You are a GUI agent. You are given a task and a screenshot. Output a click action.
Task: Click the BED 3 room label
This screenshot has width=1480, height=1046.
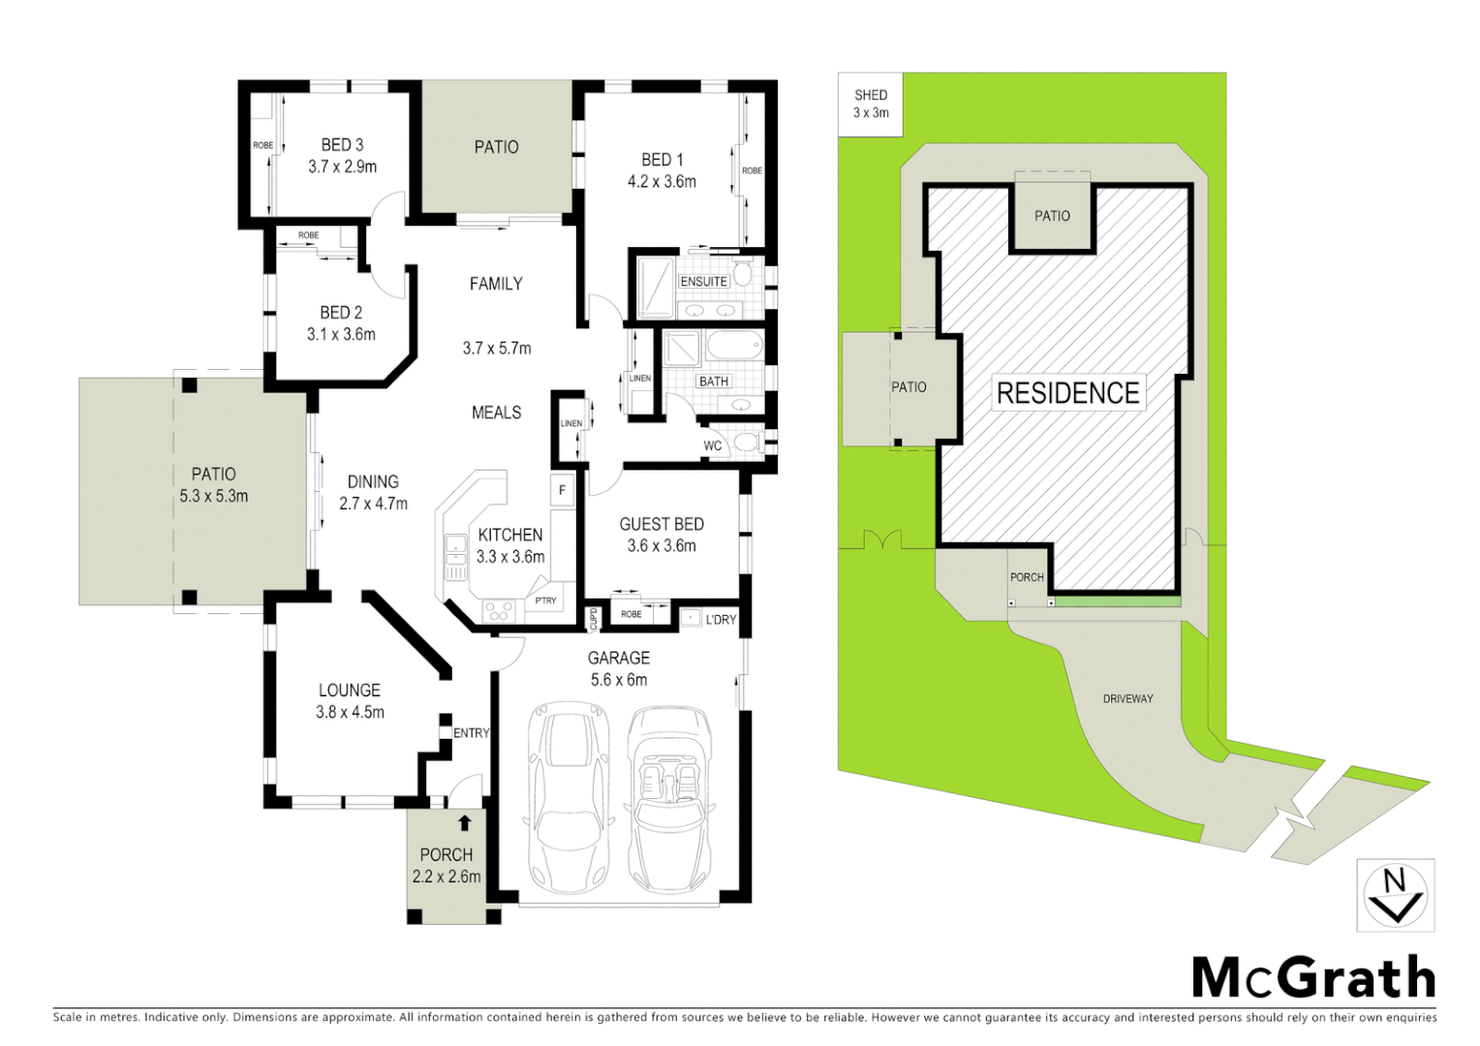click(x=342, y=144)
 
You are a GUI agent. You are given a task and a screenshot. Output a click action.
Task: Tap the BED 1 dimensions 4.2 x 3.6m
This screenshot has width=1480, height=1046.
click(x=662, y=181)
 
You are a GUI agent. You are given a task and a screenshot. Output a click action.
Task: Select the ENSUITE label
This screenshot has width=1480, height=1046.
click(x=703, y=282)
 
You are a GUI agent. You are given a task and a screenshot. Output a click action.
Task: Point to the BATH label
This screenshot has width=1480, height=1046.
click(x=714, y=382)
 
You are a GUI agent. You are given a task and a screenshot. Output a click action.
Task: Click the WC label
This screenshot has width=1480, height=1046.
click(x=713, y=446)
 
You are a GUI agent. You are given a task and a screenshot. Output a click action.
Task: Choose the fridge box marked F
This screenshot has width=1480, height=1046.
click(x=562, y=490)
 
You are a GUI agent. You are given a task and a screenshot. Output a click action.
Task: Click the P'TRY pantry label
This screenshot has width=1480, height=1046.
click(x=546, y=600)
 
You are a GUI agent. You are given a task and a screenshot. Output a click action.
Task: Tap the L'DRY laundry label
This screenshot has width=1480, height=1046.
click(x=721, y=619)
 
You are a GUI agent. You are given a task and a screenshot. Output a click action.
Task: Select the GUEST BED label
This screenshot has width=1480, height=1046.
click(x=662, y=524)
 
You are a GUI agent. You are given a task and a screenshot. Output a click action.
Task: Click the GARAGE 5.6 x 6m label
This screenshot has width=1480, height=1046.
click(x=619, y=668)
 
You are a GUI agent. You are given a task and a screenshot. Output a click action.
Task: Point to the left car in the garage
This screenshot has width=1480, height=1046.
click(x=569, y=799)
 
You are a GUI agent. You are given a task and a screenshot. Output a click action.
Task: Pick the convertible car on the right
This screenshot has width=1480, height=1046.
click(x=669, y=799)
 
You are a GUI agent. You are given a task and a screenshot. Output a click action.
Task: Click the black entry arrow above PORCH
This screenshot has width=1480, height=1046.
click(x=465, y=823)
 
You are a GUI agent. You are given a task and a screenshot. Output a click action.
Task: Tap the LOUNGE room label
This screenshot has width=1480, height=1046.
click(x=350, y=691)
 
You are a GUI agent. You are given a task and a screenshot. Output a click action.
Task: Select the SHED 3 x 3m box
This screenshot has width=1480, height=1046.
click(x=870, y=104)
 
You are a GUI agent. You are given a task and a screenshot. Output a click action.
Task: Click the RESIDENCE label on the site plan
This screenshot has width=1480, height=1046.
click(x=1067, y=393)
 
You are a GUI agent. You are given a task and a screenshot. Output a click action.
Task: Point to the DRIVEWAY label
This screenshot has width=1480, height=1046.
click(x=1127, y=698)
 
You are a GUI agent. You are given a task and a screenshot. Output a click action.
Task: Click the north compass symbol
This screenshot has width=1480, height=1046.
click(x=1395, y=895)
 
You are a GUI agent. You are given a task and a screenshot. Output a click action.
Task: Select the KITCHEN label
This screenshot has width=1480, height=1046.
click(x=510, y=535)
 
